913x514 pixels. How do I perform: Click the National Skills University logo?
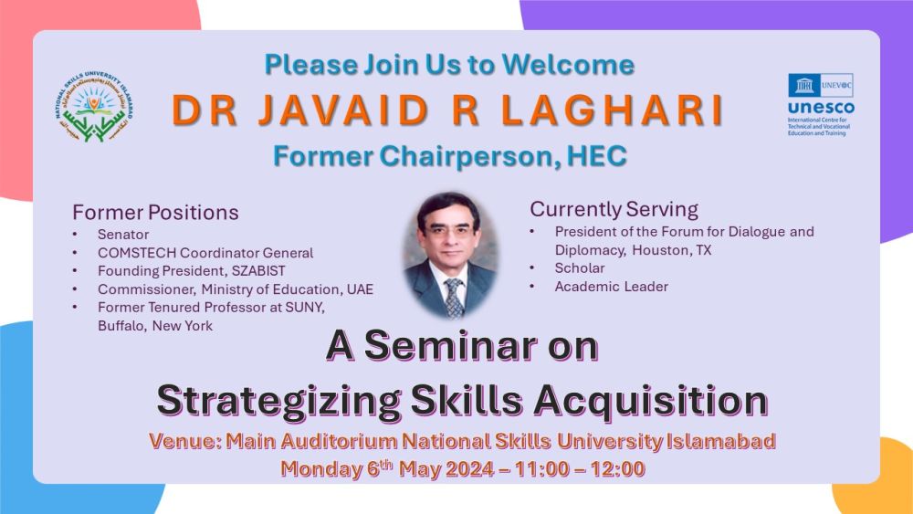point(94,108)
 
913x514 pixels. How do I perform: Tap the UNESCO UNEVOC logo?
point(821,104)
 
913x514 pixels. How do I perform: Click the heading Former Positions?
point(155,213)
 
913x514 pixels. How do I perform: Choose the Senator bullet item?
point(123,235)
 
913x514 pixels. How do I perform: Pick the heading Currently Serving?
point(614,209)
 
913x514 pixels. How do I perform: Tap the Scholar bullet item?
point(580,267)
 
